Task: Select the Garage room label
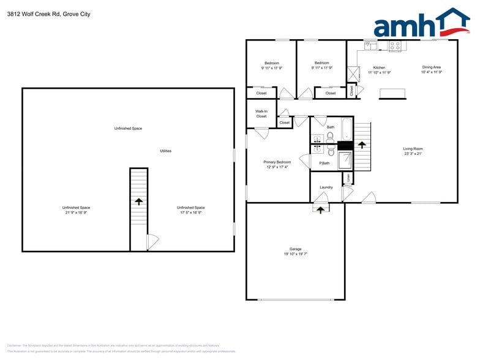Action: (296, 249)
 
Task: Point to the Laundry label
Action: (326, 187)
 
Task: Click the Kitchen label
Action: (379, 67)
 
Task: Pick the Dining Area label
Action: (431, 67)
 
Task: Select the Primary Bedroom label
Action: (277, 162)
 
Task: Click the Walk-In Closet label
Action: (261, 113)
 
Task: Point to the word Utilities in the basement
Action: (165, 151)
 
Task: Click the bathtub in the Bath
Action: (347, 129)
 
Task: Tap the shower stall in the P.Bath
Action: (345, 160)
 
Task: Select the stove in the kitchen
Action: (395, 46)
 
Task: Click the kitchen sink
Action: (370, 45)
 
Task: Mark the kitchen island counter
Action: (392, 92)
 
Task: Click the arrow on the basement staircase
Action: (139, 201)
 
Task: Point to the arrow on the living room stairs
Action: (362, 145)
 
